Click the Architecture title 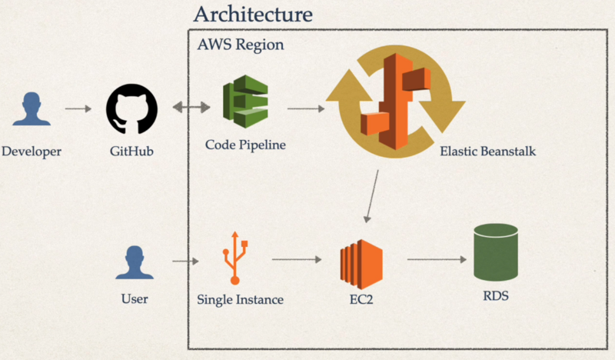click(253, 14)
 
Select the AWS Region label click(240, 45)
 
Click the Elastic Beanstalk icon click(394, 101)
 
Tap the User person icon click(135, 263)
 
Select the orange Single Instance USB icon click(234, 258)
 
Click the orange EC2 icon click(361, 262)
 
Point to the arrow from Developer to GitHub click(78, 108)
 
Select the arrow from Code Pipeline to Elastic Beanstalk click(306, 108)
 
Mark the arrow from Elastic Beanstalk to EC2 click(372, 195)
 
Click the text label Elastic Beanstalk click(487, 152)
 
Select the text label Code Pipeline click(245, 145)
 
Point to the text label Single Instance click(239, 299)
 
